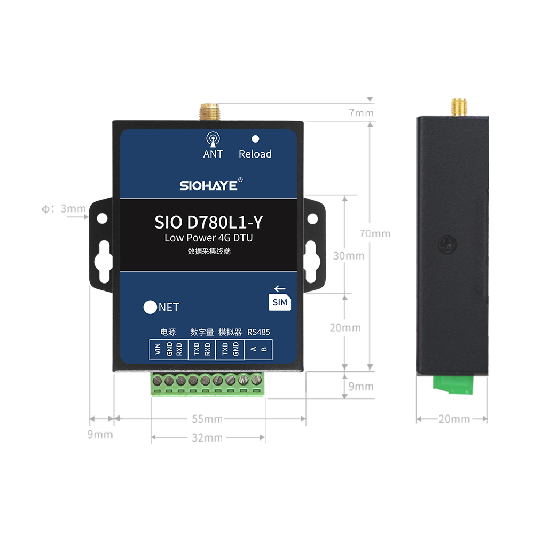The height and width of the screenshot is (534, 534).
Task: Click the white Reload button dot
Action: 255,139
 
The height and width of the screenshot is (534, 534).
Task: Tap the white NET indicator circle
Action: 150,307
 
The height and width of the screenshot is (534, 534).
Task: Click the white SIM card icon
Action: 280,302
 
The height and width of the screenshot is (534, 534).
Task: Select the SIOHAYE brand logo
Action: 211,185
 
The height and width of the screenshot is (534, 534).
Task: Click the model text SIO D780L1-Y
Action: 208,222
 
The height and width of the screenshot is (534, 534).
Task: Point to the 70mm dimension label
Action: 375,234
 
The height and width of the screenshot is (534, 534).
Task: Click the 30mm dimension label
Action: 349,256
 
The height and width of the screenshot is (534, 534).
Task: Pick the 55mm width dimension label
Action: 207,419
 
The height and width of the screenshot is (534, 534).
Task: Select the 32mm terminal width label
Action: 207,438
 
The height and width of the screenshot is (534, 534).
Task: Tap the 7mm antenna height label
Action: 361,113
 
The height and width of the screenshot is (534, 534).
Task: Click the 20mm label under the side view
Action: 454,419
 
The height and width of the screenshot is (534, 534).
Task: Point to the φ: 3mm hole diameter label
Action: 64,208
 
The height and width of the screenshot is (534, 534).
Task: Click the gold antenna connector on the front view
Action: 210,112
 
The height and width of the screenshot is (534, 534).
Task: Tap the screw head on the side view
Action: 447,244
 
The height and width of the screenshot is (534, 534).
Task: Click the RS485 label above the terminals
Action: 258,332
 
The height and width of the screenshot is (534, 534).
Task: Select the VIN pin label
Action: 158,349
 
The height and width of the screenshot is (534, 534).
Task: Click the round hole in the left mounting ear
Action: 102,218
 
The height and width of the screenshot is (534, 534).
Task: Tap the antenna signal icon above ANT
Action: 213,139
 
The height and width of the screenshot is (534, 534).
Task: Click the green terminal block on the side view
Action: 453,384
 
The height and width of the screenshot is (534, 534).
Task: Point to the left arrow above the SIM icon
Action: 280,289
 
